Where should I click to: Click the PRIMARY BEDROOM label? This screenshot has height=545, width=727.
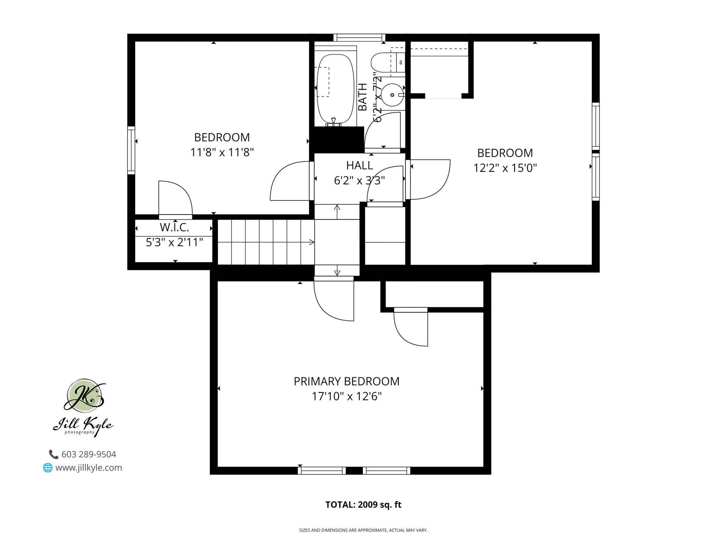click(346, 381)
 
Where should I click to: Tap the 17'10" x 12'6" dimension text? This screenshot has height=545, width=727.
click(346, 396)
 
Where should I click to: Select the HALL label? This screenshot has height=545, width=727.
click(359, 165)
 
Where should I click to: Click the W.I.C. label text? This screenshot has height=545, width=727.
click(174, 227)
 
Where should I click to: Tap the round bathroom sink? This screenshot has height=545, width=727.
click(392, 95)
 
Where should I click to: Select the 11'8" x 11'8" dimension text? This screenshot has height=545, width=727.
click(222, 152)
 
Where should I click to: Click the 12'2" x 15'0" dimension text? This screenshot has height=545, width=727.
click(505, 168)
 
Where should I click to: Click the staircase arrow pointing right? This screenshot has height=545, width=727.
click(311, 242)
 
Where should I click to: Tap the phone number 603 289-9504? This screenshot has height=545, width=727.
click(89, 454)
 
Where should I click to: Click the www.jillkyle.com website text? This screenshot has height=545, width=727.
click(89, 468)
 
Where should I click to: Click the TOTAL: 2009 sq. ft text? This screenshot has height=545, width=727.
click(363, 505)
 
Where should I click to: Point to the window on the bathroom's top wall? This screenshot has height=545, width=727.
click(359, 37)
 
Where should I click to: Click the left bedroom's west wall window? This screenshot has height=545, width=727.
click(131, 150)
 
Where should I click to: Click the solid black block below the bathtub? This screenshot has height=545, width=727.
click(336, 139)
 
